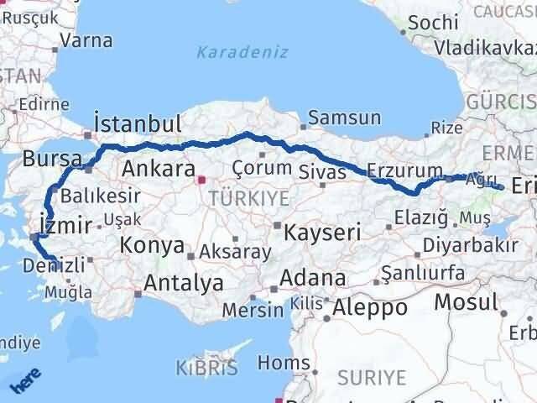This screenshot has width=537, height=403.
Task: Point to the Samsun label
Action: coord(345,118)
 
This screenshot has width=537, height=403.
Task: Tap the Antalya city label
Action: coord(184,283)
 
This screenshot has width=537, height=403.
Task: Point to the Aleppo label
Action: coord(370,308)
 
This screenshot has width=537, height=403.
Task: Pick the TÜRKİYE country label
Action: coord(249,198)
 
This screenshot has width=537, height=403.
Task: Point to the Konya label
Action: coord(152,246)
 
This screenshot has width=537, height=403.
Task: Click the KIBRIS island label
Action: coord(207,367)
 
